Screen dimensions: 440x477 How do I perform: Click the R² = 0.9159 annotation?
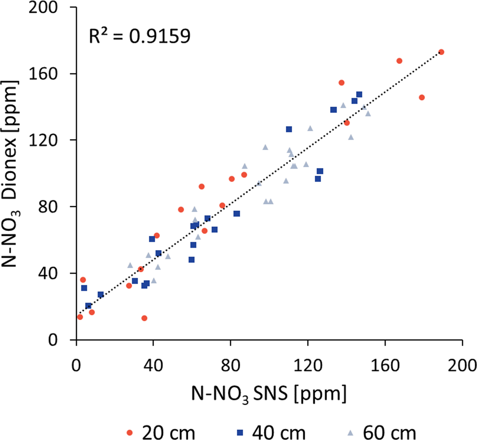[140, 36]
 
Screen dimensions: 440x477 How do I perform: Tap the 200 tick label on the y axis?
[43, 7]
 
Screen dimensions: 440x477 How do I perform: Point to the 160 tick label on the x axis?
[385, 366]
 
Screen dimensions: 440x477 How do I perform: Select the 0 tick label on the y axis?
[53, 340]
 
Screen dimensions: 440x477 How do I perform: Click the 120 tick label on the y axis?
[43, 140]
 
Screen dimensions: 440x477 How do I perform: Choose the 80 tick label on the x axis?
[231, 366]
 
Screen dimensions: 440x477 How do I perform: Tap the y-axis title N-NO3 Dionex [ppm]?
[11, 174]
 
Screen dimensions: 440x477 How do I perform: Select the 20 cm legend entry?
[161, 433]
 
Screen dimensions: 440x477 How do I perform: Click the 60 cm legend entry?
[383, 433]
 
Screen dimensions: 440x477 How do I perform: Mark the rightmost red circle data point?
[441, 52]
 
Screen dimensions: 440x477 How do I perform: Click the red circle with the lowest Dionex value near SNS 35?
[144, 318]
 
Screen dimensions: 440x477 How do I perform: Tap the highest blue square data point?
[359, 95]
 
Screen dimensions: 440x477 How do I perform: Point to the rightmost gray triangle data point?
[368, 114]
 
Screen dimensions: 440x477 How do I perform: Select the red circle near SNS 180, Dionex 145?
[422, 97]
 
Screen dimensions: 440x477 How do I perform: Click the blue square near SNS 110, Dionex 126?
[289, 129]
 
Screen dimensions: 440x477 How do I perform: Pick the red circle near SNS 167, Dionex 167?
[399, 61]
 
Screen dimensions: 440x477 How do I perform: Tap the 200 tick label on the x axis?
[462, 366]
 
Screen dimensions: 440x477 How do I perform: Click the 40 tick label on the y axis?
[48, 274]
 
